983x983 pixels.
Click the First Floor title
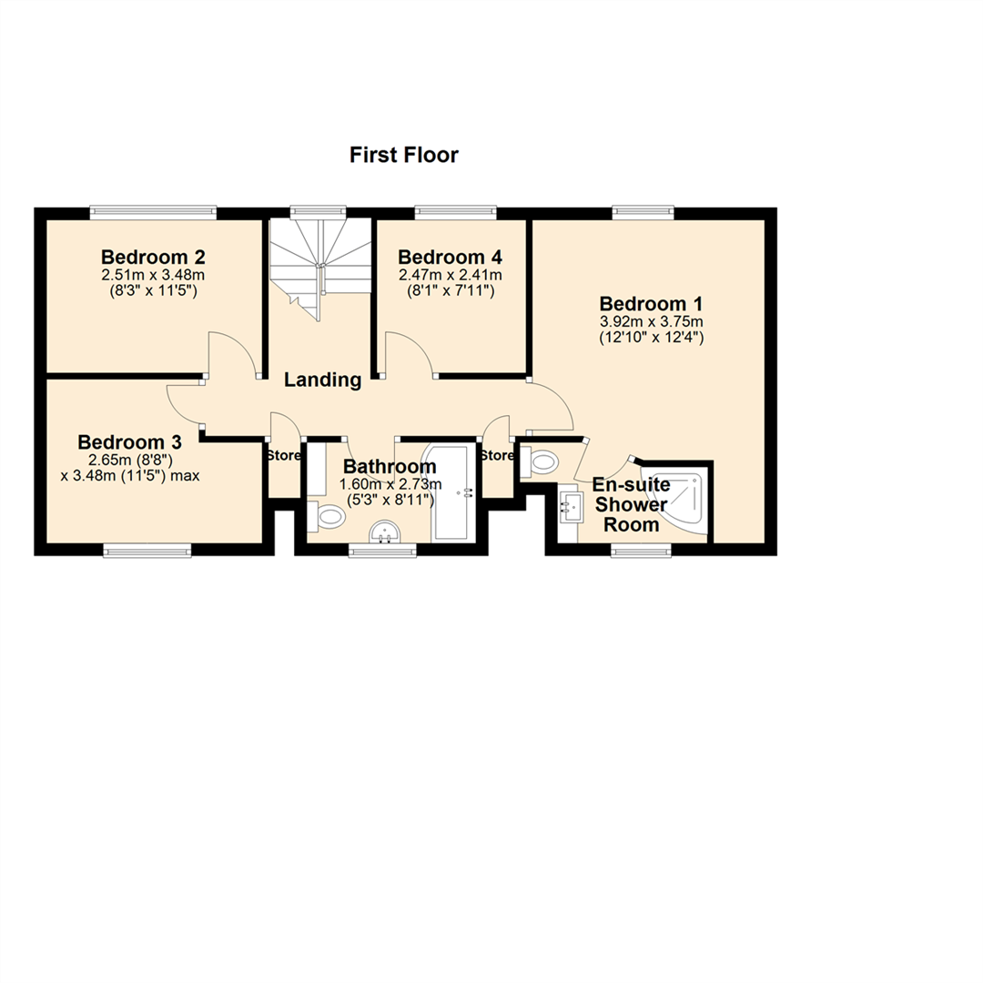(404, 156)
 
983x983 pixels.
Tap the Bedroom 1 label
(650, 304)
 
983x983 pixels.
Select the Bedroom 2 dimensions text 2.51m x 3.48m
(152, 274)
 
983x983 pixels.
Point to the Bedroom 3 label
(130, 442)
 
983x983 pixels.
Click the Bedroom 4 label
(450, 257)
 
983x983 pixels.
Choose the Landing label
(322, 380)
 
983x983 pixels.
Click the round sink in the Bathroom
(387, 532)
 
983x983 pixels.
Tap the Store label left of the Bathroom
(283, 455)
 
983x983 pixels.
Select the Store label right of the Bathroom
(497, 455)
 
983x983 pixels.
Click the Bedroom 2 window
(153, 213)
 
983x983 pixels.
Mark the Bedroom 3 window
(147, 550)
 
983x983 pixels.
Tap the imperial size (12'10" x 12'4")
(650, 337)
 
